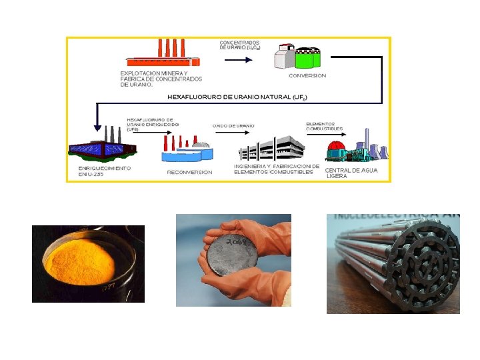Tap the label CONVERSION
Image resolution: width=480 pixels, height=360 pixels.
point(307,76)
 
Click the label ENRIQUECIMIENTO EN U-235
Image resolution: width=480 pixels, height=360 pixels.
point(101,172)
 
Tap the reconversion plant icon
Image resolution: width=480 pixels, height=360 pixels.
point(187,150)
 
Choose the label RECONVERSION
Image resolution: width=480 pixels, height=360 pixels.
point(189,172)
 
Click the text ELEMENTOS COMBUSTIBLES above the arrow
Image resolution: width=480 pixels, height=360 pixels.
point(325,126)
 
